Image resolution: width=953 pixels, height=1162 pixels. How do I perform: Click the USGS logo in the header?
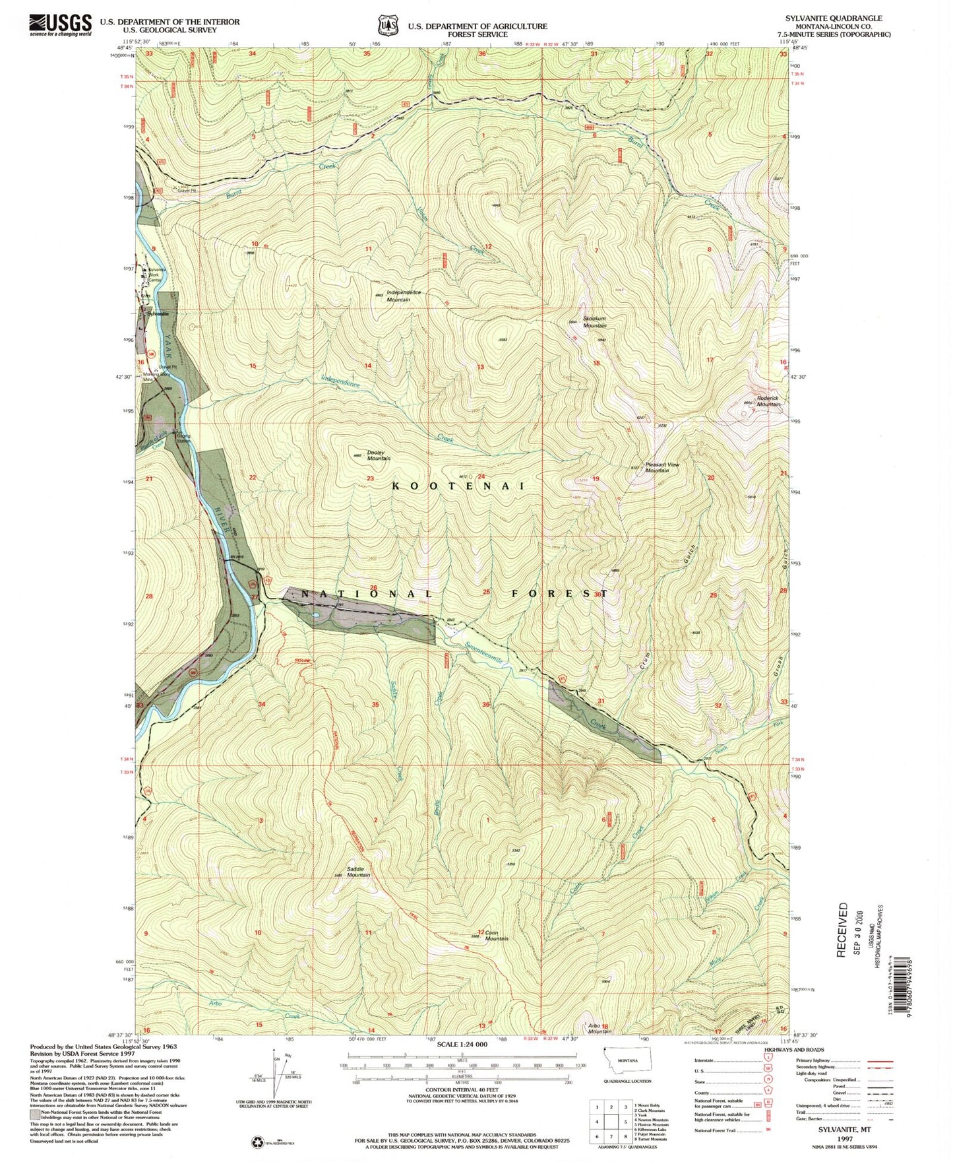pyautogui.click(x=60, y=25)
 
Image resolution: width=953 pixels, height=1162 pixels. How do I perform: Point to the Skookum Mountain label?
pyautogui.click(x=594, y=323)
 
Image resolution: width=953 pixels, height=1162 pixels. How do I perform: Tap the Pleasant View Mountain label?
pyautogui.click(x=662, y=467)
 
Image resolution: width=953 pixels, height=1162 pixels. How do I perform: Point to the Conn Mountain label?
pyautogui.click(x=497, y=936)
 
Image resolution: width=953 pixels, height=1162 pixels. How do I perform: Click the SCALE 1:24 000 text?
pyautogui.click(x=462, y=1045)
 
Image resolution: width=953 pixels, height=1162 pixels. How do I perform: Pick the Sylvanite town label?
pyautogui.click(x=158, y=314)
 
